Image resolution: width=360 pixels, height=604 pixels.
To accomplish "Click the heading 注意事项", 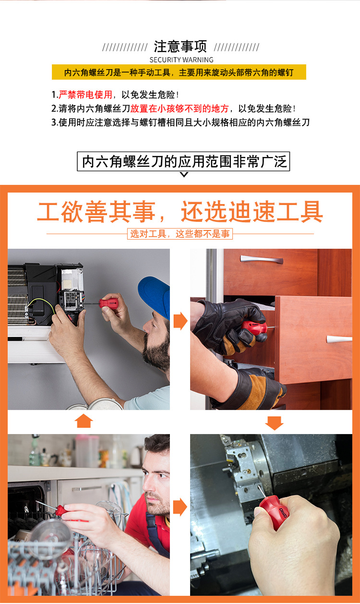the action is tap(180, 47).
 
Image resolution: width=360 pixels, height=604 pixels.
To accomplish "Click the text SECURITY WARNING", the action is tap(181, 60).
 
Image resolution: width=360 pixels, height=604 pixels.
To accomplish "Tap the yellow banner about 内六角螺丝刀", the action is tap(179, 72).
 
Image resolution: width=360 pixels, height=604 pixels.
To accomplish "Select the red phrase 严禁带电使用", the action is tap(85, 95).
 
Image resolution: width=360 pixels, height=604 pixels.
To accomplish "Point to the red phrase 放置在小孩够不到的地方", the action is tap(180, 109).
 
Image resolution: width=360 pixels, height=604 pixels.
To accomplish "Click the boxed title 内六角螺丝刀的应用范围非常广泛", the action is tap(183, 161).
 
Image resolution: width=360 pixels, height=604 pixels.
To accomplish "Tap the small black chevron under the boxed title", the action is tap(184, 174).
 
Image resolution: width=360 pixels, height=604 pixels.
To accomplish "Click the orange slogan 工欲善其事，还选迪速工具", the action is tap(180, 212).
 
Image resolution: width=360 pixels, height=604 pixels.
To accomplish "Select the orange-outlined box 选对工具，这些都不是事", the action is tap(180, 234).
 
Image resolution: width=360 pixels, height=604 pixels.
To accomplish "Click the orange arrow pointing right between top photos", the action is tap(180, 321).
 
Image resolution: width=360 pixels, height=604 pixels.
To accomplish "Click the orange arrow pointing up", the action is tap(84, 421).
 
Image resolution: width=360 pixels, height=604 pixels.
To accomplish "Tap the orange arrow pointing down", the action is tap(274, 423).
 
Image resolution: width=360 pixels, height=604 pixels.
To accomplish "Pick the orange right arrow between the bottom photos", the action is tap(180, 507).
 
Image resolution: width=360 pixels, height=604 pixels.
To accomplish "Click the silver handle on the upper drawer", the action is tap(262, 259).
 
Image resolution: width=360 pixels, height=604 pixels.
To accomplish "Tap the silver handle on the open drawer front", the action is tap(339, 339).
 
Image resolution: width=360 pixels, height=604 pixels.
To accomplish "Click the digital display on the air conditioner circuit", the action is tap(71, 296).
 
